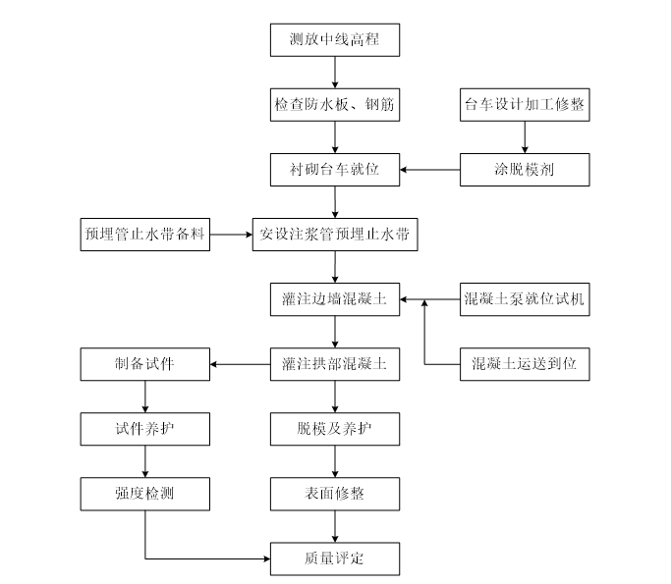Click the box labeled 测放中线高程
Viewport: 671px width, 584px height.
[x=335, y=40]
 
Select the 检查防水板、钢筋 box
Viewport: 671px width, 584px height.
[x=335, y=104]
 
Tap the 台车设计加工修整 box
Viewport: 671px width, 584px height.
[x=525, y=104]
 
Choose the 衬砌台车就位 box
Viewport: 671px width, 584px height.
[x=335, y=169]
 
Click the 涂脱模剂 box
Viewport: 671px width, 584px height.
[x=525, y=169]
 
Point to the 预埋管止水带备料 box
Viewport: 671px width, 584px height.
[x=145, y=235]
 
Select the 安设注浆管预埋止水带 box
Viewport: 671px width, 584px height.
[x=335, y=235]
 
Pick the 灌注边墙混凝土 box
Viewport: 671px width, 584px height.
[x=335, y=299]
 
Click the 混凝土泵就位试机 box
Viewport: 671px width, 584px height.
[x=525, y=299]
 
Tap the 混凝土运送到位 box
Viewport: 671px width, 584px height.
[x=525, y=364]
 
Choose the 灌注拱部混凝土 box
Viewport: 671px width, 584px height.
[x=335, y=364]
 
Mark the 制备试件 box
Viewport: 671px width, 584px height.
[x=145, y=364]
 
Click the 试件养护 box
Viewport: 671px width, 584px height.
[x=145, y=429]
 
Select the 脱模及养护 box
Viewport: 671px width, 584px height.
[x=335, y=429]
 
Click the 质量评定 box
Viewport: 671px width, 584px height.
[x=335, y=558]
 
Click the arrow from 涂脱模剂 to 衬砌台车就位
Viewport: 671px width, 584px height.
[x=429, y=169]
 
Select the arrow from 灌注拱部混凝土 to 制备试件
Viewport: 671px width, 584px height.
[x=240, y=364]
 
